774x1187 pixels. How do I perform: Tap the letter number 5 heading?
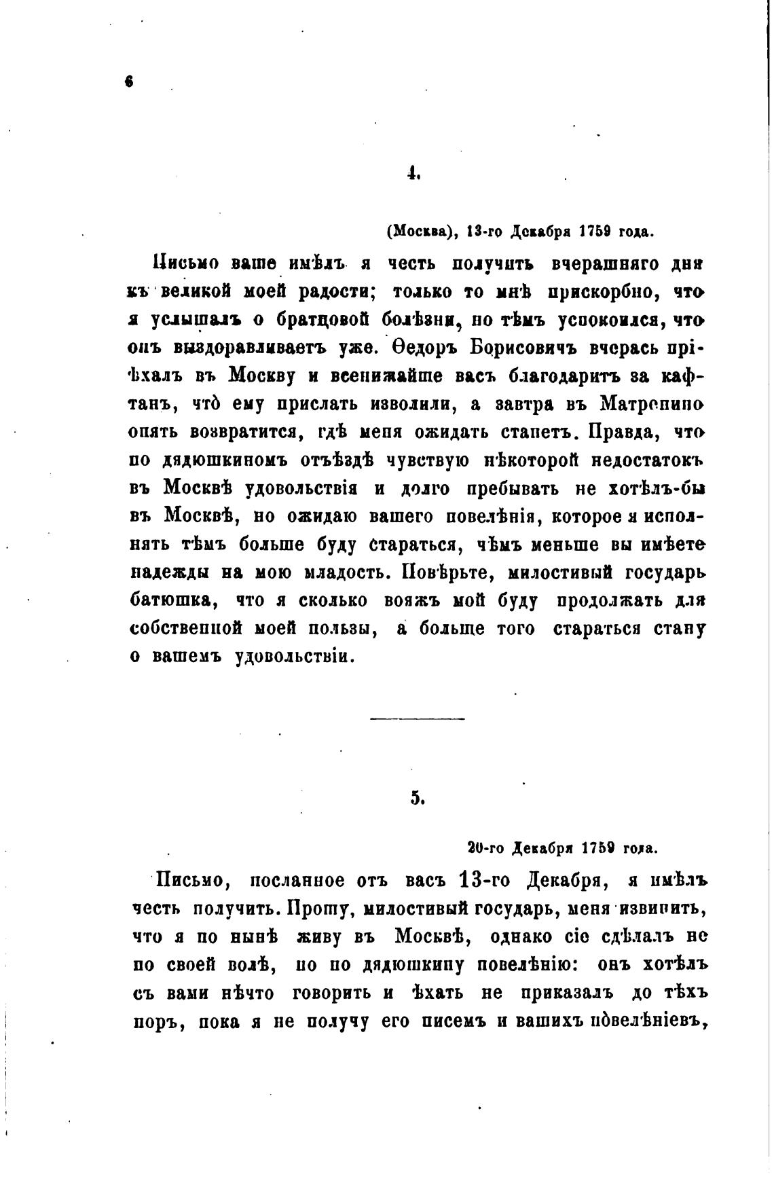click(x=417, y=799)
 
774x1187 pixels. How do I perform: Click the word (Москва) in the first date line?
click(x=420, y=232)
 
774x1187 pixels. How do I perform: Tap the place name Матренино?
click(x=652, y=403)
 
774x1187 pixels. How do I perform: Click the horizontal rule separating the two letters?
click(x=418, y=718)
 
